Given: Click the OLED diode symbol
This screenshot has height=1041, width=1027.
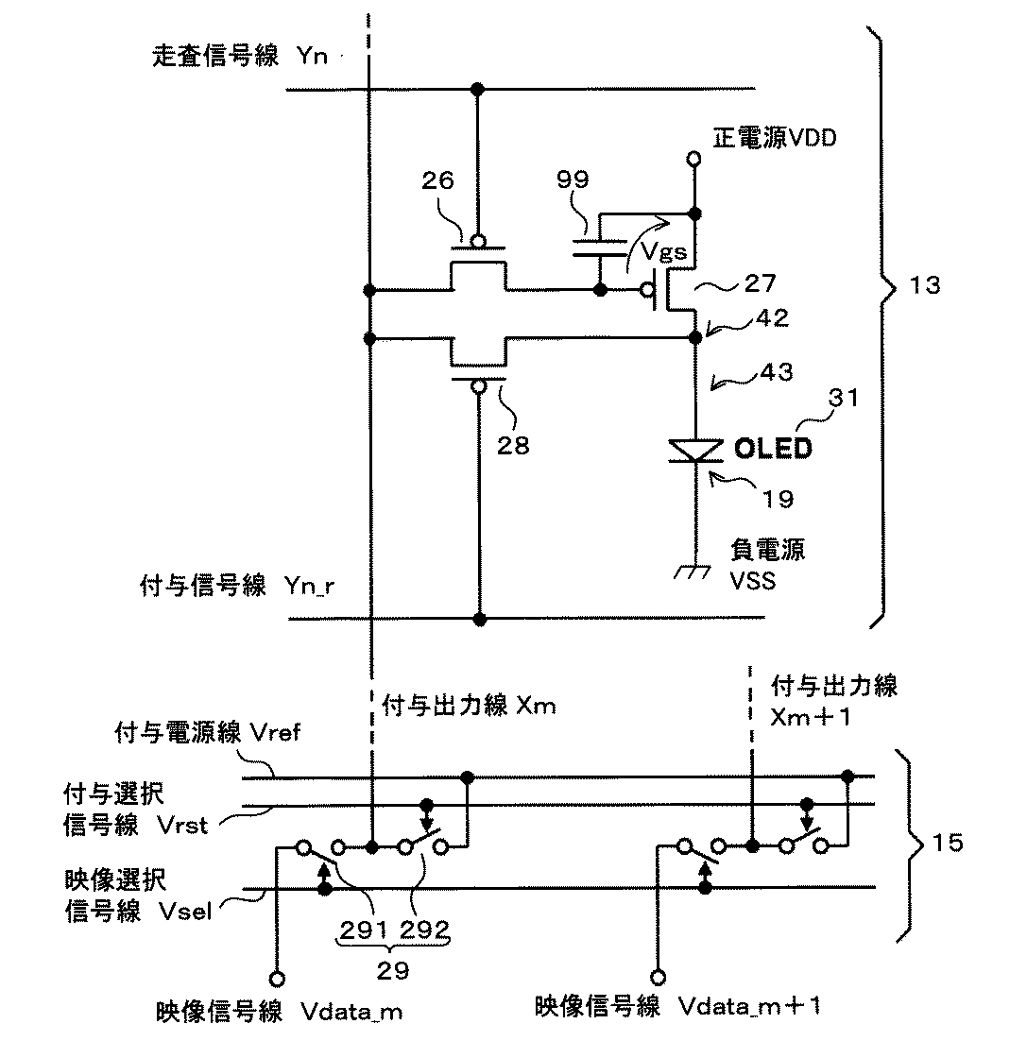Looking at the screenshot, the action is coord(695,451).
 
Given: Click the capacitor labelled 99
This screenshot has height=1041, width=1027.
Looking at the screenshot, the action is coord(599,247).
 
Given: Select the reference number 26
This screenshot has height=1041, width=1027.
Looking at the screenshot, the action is coord(438,180).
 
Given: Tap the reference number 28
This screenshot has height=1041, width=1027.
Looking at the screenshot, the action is coord(513,446).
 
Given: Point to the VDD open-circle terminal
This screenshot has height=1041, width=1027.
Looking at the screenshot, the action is coord(694,160).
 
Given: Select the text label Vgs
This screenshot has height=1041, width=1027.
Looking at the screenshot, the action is coord(663,251).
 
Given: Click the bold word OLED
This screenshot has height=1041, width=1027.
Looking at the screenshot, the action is coord(773,449).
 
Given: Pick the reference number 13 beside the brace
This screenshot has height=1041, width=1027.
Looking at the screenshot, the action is coord(925,285).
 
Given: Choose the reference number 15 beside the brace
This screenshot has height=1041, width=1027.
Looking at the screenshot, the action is coord(948,844).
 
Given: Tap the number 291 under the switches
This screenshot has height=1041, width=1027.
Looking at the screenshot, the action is coord(365,930).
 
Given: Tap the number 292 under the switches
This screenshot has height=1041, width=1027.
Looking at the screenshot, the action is coord(425,930).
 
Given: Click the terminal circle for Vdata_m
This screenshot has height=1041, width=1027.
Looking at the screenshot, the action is coord(278,980).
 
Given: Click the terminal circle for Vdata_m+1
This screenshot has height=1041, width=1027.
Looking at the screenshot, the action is coord(658,978).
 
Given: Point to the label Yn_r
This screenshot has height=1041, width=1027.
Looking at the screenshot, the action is coord(309,587).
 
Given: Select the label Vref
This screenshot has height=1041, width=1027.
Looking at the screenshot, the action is coord(275,733).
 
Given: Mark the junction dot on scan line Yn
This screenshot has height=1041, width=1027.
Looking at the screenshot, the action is coord(477,89).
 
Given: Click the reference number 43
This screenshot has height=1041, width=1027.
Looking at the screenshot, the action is coord(777,372).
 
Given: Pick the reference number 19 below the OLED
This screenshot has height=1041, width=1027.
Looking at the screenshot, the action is coord(778,499).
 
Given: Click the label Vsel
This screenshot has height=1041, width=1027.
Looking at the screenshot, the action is coord(186,912).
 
